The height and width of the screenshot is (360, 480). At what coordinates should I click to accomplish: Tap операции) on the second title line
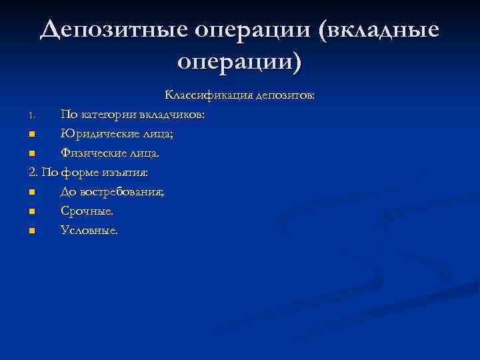click(x=240, y=63)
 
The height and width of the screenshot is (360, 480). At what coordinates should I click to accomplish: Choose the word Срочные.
click(x=87, y=211)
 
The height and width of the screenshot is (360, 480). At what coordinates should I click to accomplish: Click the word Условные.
click(x=89, y=231)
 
